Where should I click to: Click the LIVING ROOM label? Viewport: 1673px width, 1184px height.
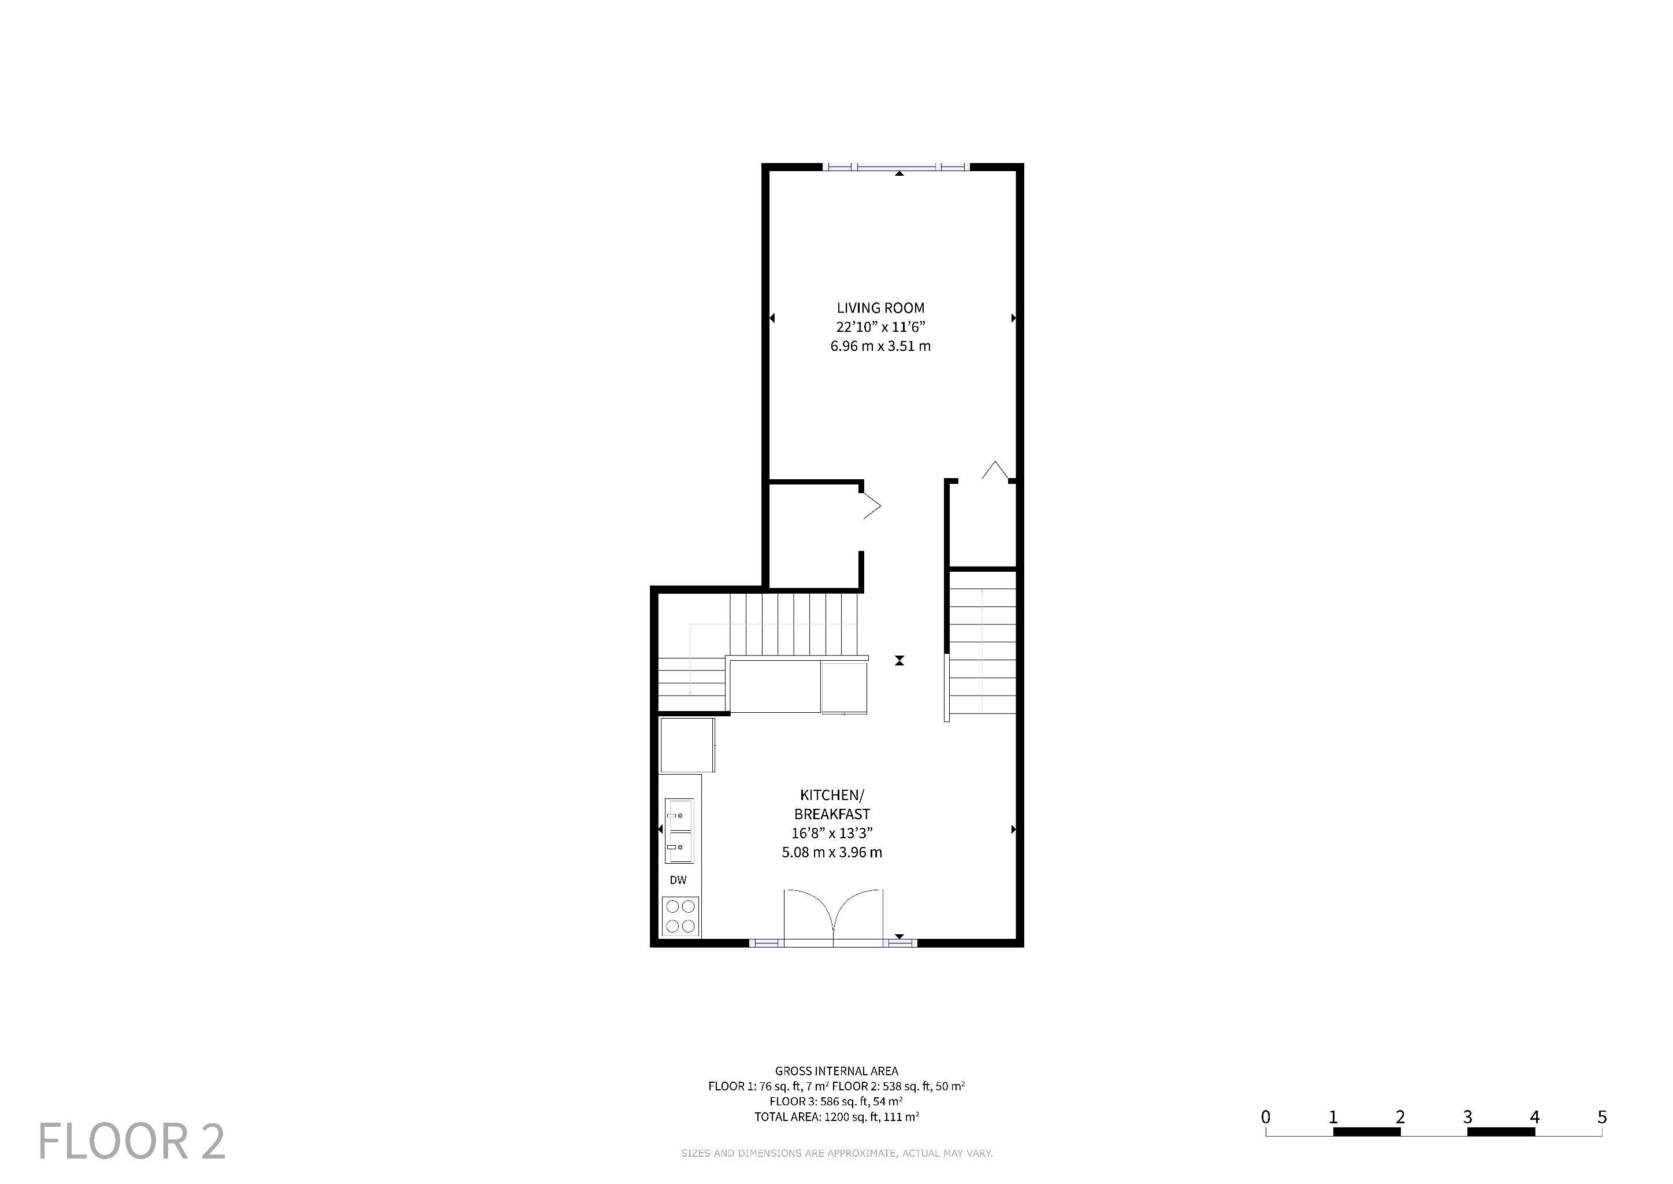(880, 308)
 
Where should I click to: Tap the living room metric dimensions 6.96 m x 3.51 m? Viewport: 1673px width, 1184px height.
(880, 346)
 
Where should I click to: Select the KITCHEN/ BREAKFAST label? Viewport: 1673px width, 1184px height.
(832, 804)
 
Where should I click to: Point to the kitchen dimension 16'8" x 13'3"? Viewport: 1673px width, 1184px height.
(832, 833)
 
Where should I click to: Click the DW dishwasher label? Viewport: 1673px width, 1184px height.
(678, 880)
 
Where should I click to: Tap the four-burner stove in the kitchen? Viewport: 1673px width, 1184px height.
(681, 916)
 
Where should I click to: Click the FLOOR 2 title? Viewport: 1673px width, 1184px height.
(131, 1141)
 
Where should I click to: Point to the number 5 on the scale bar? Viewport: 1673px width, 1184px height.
(1601, 1116)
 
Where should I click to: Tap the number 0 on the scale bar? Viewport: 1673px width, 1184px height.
(1266, 1116)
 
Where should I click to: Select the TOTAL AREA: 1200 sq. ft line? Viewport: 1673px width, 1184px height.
(836, 1116)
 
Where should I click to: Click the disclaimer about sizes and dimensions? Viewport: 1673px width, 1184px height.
(836, 1153)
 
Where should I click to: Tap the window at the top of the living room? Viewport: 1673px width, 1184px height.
(896, 167)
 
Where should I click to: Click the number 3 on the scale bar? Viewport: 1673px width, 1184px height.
(1467, 1116)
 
